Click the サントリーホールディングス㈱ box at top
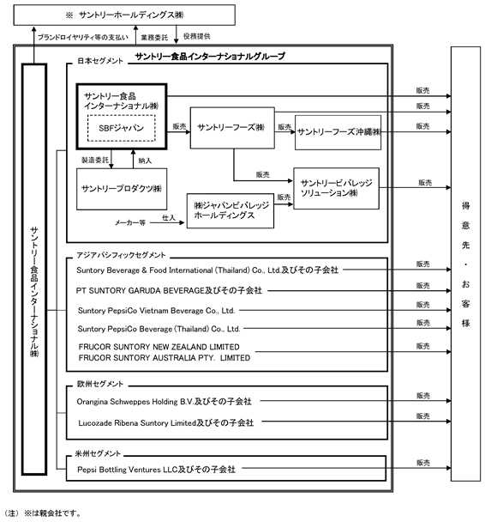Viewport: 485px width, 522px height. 124,15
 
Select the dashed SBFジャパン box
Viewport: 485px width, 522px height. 122,128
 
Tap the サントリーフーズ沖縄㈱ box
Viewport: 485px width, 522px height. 338,132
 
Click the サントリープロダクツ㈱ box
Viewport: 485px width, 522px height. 122,189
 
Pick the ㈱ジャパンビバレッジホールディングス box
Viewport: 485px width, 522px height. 231,210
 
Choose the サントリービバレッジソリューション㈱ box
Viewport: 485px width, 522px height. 336,188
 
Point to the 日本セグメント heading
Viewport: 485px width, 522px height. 100,61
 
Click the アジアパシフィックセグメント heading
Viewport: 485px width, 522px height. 121,255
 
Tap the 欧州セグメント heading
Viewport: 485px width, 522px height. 100,384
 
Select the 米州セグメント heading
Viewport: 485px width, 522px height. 98,453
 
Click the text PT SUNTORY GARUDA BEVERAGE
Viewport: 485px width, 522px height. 140,291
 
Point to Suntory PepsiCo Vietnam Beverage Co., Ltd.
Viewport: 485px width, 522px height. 156,311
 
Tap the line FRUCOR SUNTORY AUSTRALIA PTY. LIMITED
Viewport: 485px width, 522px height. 165,358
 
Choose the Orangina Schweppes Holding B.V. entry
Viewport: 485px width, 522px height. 135,402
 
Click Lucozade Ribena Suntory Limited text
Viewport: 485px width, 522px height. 137,423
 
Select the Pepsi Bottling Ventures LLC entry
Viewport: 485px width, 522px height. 127,470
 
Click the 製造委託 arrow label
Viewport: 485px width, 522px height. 95,161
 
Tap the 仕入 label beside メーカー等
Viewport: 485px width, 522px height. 169,218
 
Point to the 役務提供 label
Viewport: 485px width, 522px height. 197,36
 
